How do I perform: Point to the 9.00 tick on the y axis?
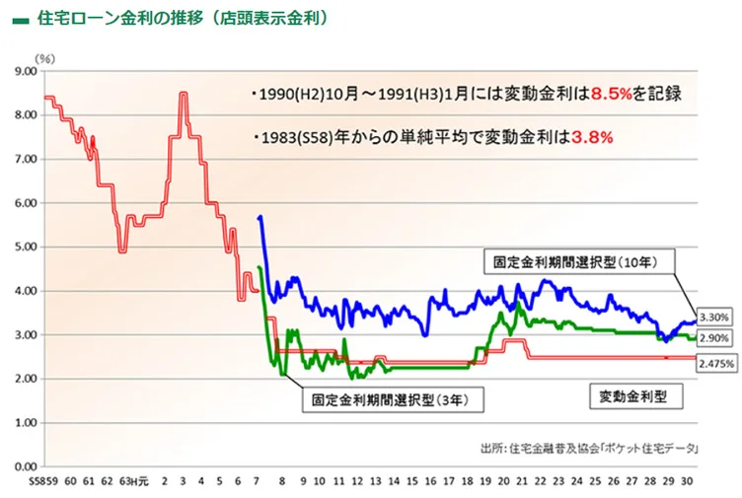(x=23, y=71)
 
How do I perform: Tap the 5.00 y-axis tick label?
(x=23, y=247)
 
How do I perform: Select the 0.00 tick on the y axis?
(x=23, y=466)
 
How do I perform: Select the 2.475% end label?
(x=716, y=364)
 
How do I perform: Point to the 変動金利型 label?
(x=634, y=396)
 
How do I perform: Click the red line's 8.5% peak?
(x=184, y=94)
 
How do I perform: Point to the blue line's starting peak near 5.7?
(x=260, y=217)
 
